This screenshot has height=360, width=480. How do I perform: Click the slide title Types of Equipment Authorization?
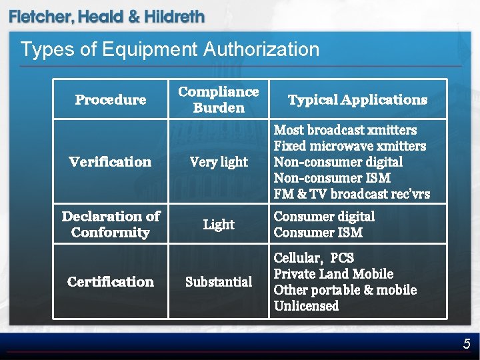(x=169, y=49)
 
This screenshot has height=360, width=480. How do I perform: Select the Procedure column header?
(x=110, y=100)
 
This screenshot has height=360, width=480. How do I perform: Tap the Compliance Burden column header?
(x=218, y=99)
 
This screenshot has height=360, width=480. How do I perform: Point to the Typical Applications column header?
(x=357, y=100)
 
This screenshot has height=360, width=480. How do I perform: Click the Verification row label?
(x=110, y=161)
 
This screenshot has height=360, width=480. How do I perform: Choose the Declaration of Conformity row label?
(x=110, y=224)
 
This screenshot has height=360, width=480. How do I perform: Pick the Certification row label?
(x=110, y=281)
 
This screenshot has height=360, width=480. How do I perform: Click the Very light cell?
(x=218, y=162)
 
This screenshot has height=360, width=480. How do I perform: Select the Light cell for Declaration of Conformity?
(x=218, y=225)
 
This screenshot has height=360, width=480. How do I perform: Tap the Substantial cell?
(x=218, y=282)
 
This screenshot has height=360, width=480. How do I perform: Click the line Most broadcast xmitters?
(x=345, y=130)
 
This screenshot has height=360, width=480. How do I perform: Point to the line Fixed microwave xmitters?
(x=350, y=146)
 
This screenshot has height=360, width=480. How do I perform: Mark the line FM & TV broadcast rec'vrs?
(x=352, y=194)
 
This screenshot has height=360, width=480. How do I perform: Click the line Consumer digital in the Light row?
(x=324, y=217)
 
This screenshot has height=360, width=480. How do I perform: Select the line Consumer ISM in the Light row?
(x=318, y=233)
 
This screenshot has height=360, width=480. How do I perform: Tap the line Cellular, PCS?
(x=313, y=258)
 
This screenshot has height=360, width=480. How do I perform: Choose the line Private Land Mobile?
(x=333, y=274)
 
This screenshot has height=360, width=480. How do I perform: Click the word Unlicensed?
(x=306, y=306)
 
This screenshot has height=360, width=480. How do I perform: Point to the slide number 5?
(x=467, y=344)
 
